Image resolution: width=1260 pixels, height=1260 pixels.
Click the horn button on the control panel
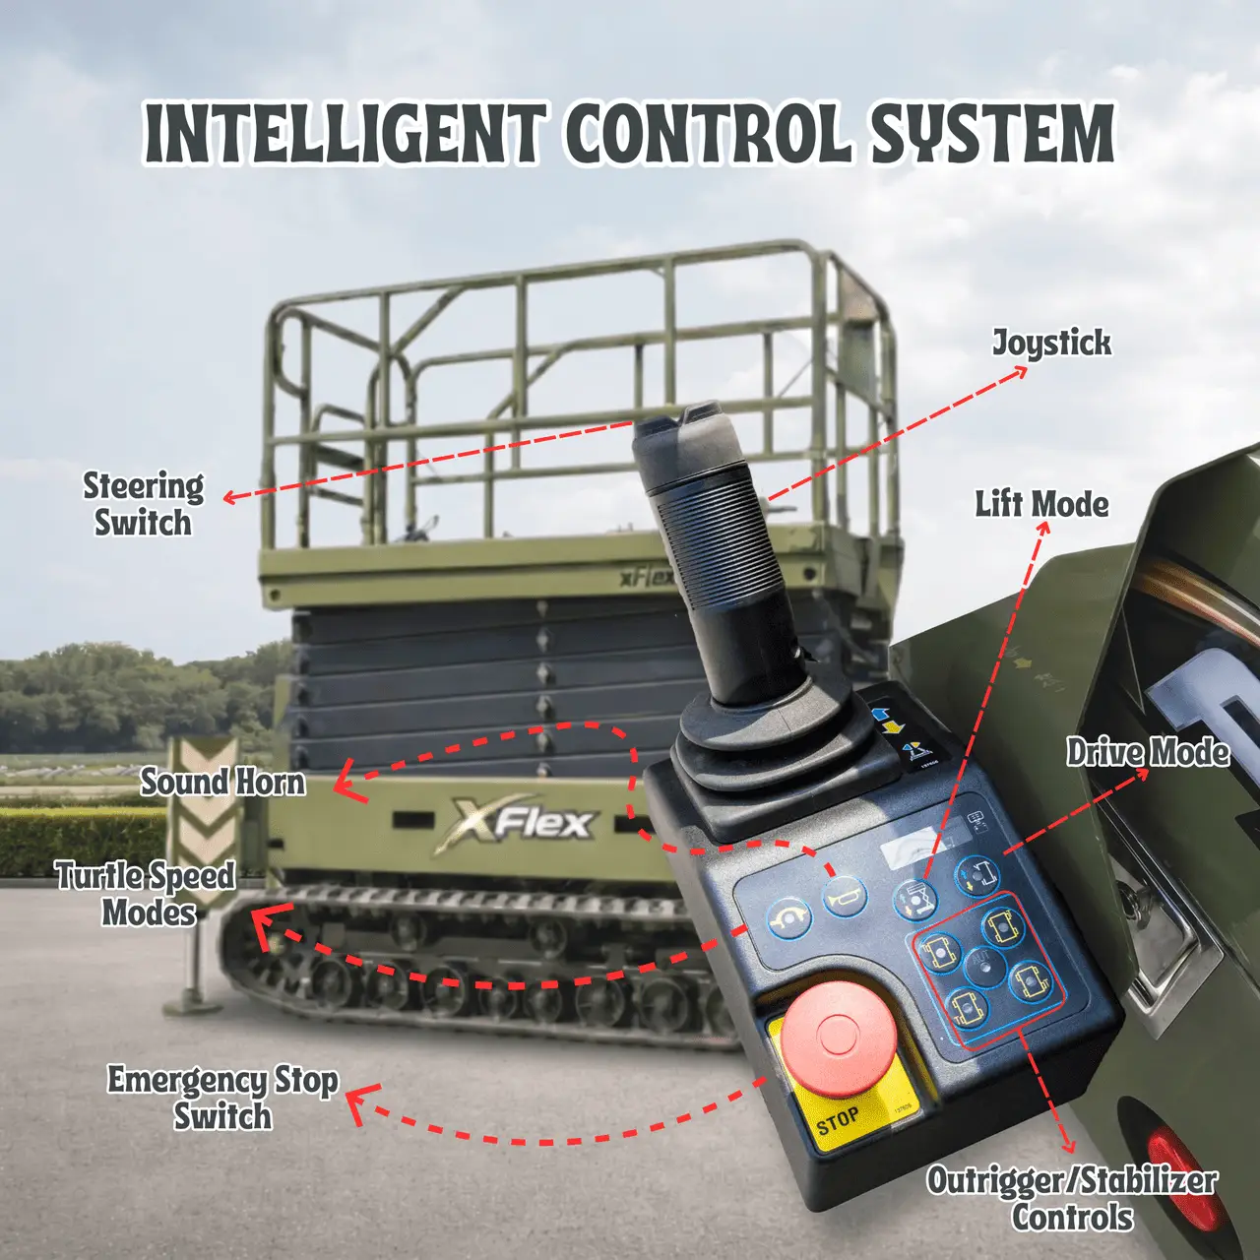pos(845,897)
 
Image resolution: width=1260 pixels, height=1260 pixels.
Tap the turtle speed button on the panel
pos(789,918)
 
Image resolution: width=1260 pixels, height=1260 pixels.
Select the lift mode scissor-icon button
pos(914,899)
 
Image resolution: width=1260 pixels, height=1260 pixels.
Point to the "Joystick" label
pos(1051,344)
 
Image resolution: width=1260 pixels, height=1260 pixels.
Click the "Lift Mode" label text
pos(1041,505)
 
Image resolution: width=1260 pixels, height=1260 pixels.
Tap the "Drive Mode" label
pos(1148,752)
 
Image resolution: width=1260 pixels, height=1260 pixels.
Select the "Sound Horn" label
pos(223,783)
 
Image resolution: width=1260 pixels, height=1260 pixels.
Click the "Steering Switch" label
pos(143,505)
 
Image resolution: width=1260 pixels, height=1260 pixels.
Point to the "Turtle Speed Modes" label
pos(147,895)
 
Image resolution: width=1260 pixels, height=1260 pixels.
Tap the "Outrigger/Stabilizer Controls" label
pos(1072,1200)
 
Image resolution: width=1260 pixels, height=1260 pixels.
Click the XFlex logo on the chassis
pos(516,824)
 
